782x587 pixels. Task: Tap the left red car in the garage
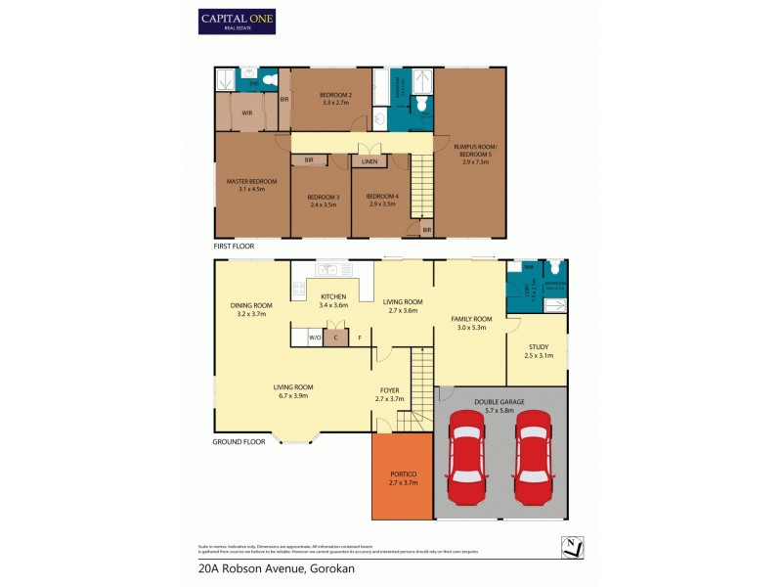465,454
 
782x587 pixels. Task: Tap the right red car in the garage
534,454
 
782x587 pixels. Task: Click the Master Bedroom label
251,185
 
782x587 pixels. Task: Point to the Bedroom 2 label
335,97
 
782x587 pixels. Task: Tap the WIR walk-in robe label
247,113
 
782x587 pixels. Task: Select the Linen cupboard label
369,160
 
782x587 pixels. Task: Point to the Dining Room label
251,310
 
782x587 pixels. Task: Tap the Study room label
538,350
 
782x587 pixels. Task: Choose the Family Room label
471,324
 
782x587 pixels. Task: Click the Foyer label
389,393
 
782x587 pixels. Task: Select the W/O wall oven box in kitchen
315,338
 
